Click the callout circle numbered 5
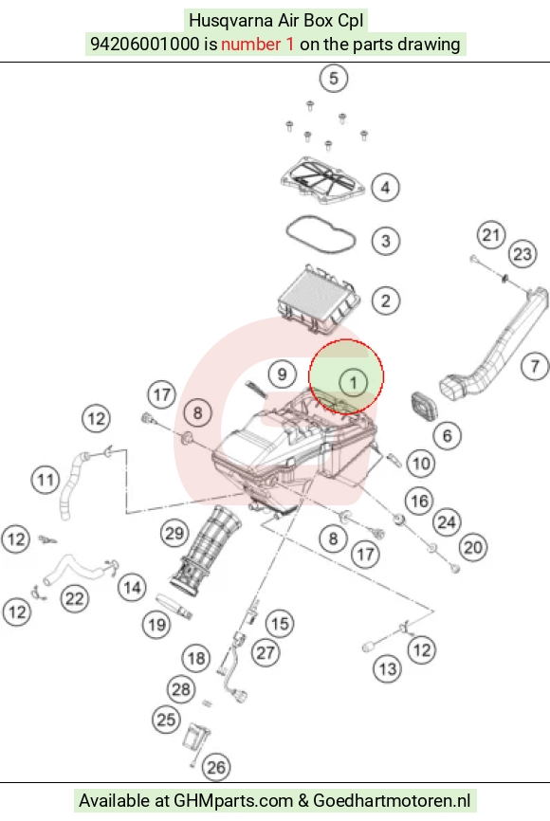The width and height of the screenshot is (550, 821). (x=334, y=79)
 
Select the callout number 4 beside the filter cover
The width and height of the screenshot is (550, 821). (x=386, y=187)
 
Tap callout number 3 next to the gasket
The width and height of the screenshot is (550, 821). (x=386, y=241)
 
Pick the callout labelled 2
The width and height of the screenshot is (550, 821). (x=386, y=301)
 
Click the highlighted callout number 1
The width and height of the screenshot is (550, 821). (x=353, y=382)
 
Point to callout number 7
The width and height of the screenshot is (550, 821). (x=535, y=366)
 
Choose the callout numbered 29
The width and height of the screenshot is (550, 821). (x=174, y=533)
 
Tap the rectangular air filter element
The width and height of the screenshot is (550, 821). (x=318, y=299)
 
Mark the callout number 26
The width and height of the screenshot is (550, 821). (x=216, y=768)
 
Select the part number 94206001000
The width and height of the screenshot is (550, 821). (x=144, y=44)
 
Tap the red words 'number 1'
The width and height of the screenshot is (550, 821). (x=258, y=44)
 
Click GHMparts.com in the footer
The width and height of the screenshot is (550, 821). (x=233, y=801)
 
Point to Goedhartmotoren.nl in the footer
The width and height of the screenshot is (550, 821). (x=392, y=800)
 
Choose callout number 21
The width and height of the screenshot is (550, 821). (x=491, y=235)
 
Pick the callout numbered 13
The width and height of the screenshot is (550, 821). (x=388, y=668)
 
